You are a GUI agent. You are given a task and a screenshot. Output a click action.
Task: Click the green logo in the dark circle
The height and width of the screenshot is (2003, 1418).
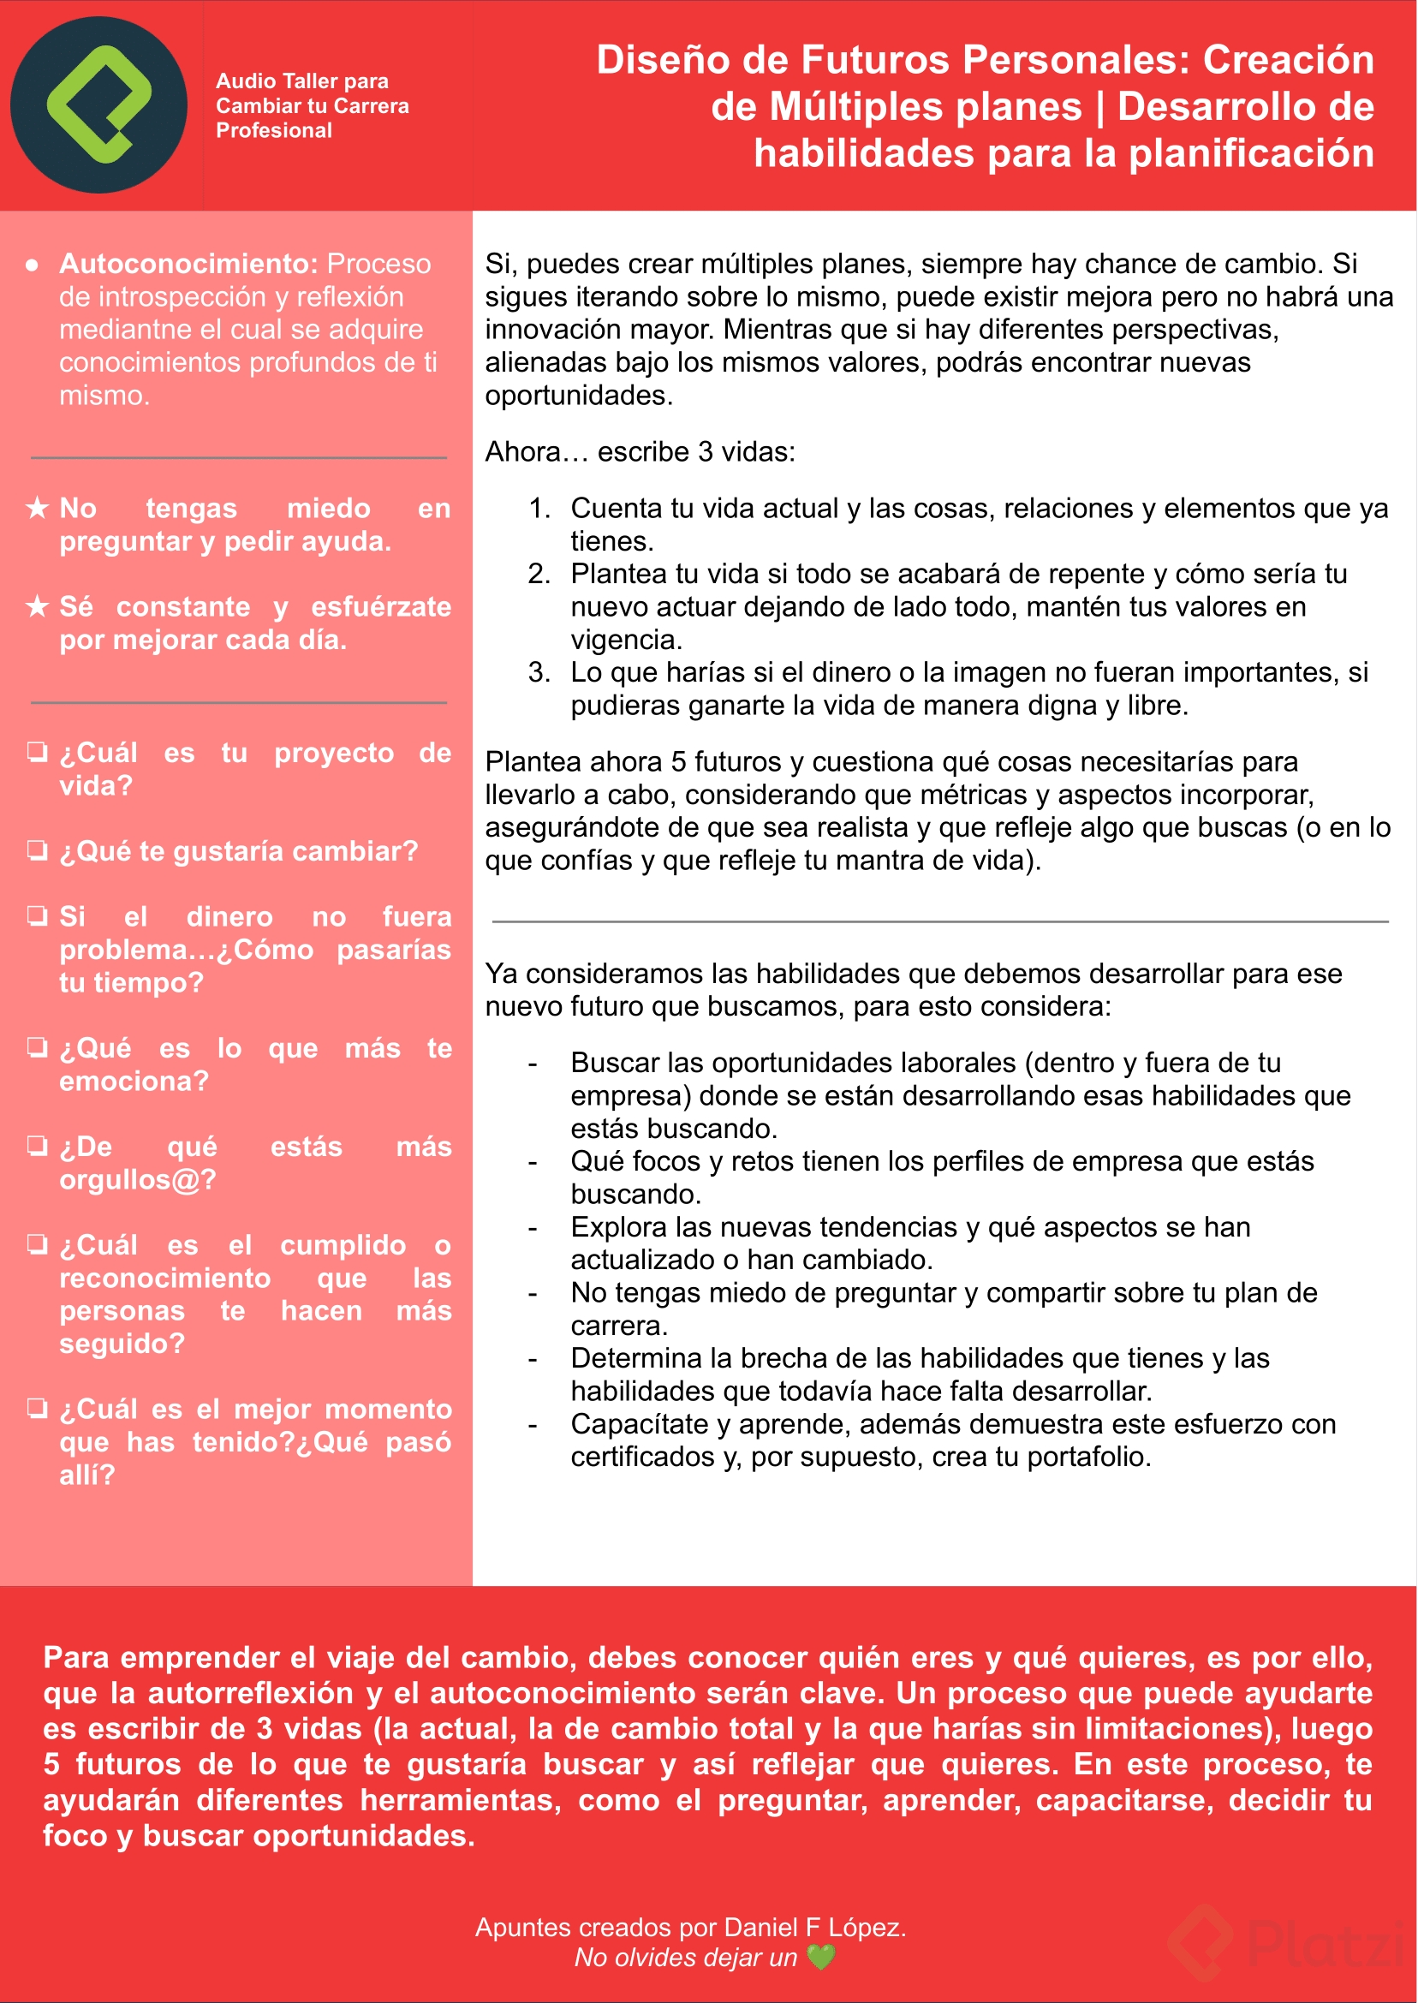click(98, 104)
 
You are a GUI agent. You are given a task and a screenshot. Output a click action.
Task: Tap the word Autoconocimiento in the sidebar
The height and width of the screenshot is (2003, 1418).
click(188, 264)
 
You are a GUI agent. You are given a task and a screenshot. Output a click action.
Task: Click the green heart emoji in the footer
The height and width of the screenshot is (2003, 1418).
click(821, 1957)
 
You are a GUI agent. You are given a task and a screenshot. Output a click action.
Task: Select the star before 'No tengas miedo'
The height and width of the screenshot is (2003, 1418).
click(37, 507)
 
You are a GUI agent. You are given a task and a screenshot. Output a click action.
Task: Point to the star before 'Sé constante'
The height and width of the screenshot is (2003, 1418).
click(37, 606)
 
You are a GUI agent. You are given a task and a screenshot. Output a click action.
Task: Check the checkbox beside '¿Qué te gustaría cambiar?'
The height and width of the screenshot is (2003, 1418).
click(37, 850)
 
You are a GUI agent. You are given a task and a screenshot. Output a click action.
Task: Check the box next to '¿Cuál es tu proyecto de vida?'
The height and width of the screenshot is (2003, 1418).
click(37, 752)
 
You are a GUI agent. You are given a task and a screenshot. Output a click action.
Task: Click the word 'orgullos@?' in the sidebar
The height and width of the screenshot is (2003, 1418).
click(137, 1180)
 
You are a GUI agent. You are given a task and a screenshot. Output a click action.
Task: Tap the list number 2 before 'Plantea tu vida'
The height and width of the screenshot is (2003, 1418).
click(539, 574)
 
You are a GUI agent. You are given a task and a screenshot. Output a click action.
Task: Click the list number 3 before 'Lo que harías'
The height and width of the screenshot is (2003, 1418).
click(539, 672)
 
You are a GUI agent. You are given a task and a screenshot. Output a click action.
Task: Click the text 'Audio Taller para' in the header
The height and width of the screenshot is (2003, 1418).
click(302, 81)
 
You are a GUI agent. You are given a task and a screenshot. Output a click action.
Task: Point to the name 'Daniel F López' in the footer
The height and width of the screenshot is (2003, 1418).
click(812, 1927)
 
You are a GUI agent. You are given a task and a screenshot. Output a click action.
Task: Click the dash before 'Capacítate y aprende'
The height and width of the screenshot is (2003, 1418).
click(533, 1425)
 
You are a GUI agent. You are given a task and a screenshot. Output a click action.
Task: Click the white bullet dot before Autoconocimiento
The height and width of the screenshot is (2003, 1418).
click(33, 265)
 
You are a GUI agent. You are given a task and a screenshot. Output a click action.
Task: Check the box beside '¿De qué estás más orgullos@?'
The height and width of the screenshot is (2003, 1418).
click(37, 1146)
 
